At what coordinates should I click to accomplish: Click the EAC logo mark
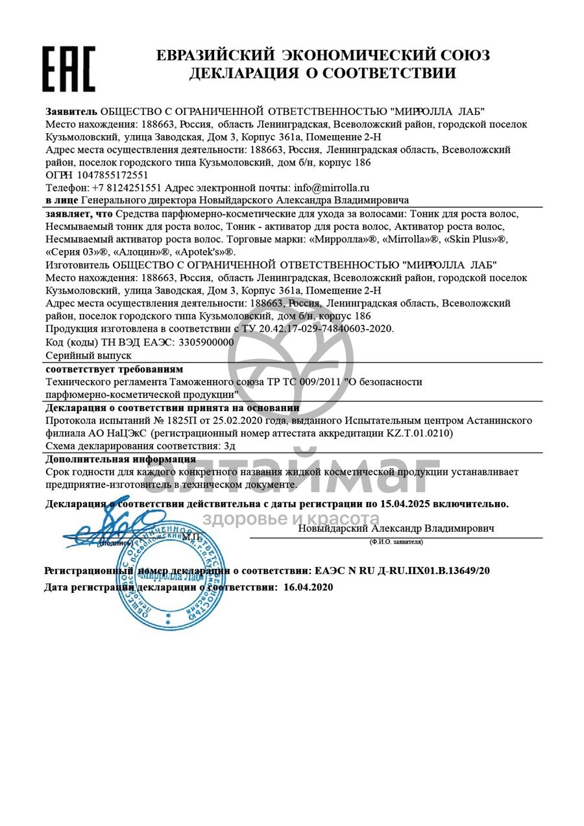point(69,68)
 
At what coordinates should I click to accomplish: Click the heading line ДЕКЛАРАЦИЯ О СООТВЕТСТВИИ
point(322,73)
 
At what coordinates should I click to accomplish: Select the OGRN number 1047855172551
point(112,175)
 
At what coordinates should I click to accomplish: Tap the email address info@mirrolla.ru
point(332,188)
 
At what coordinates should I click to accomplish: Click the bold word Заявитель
point(71,111)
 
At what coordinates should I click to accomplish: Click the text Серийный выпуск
point(89,355)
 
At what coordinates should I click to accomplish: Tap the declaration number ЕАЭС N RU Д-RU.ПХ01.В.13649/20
point(402,571)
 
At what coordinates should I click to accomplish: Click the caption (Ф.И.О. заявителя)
point(396,542)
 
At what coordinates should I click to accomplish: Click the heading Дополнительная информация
point(121,459)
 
